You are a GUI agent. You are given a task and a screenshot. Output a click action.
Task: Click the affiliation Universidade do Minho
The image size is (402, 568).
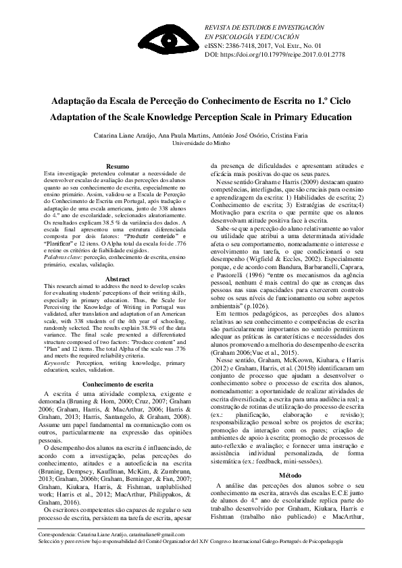click(x=201, y=144)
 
